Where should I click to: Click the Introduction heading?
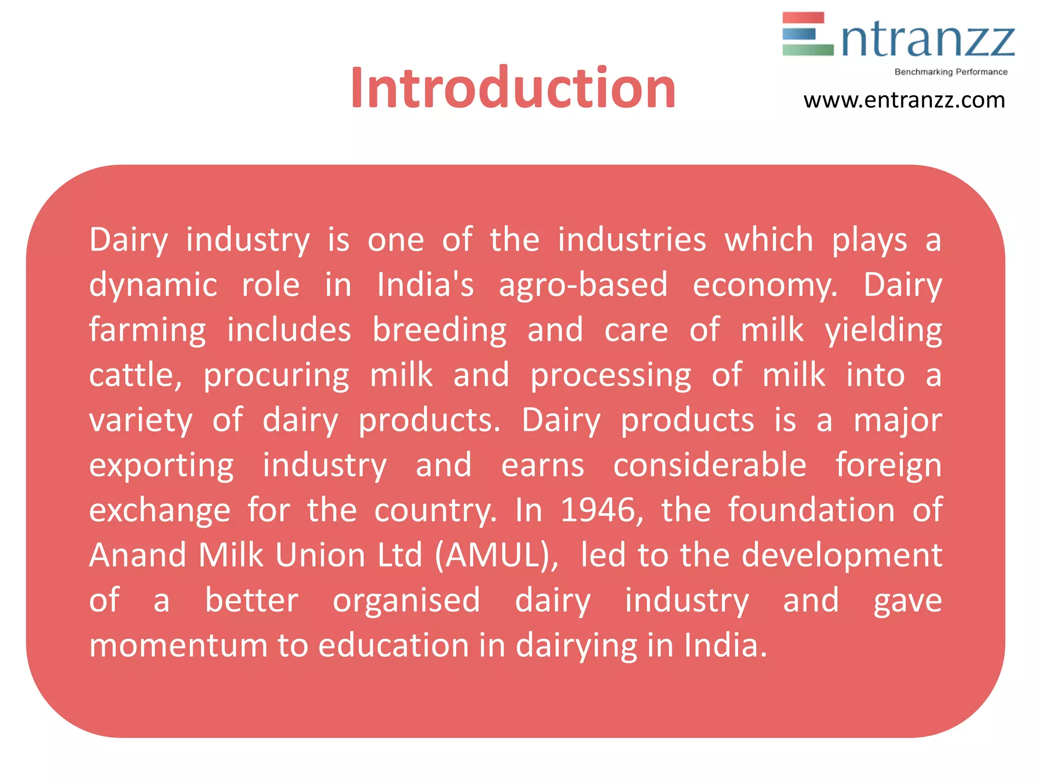[x=513, y=88]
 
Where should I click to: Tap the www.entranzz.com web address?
[x=904, y=101]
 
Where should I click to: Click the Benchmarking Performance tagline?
[x=951, y=72]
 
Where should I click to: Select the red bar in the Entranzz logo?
[x=803, y=18]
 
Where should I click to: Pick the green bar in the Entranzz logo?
[x=807, y=50]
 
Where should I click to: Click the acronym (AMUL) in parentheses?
[x=497, y=555]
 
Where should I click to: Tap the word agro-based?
[x=583, y=285]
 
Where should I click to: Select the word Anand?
[x=138, y=555]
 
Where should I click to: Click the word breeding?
[x=439, y=330]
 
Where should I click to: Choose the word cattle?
[x=135, y=375]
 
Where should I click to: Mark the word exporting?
[x=161, y=466]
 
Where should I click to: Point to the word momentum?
[x=178, y=645]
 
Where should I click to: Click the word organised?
[x=406, y=601]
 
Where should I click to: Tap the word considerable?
[x=709, y=465]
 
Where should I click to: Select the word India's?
[x=426, y=285]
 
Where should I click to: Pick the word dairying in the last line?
[x=576, y=646]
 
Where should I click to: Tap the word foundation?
[x=811, y=510]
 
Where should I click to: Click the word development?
[x=841, y=555]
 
